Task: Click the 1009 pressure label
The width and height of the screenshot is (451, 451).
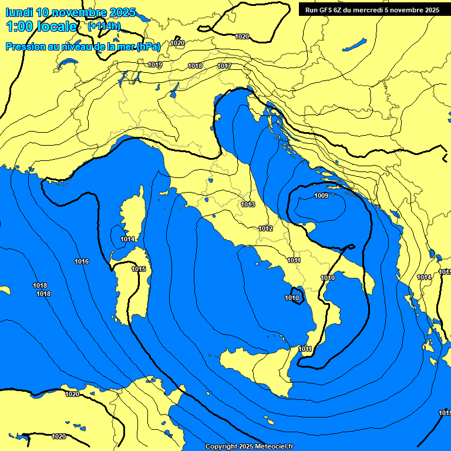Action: click(321, 196)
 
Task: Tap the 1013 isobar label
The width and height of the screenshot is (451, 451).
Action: click(248, 204)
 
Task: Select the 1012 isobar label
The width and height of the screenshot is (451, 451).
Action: click(265, 228)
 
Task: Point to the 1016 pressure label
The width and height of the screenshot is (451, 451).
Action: click(82, 261)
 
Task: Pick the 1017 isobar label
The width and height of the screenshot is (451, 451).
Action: click(224, 66)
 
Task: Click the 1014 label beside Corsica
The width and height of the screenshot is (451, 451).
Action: click(127, 239)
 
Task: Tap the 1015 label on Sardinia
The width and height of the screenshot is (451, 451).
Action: click(139, 269)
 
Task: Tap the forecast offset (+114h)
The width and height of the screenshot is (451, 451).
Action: click(103, 26)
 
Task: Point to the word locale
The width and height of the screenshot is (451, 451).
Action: click(58, 26)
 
